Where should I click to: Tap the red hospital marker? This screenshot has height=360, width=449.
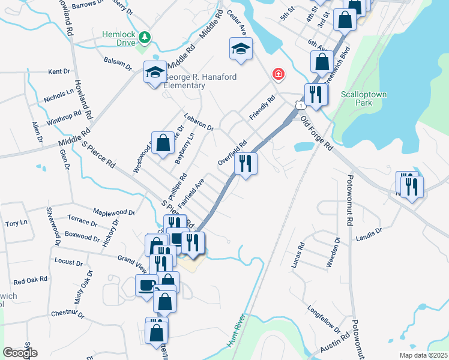(278, 74)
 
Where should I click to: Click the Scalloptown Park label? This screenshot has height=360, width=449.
(364, 98)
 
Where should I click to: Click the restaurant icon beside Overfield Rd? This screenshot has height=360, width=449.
(245, 164)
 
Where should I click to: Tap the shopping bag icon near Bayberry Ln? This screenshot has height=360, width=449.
(163, 143)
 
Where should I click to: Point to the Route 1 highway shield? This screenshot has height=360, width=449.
(298, 105)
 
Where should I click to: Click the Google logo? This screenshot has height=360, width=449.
(20, 353)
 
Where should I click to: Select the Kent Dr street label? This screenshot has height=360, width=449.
(59, 71)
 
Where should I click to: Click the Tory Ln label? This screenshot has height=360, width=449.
(16, 223)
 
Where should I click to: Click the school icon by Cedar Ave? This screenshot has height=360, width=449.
(241, 49)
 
